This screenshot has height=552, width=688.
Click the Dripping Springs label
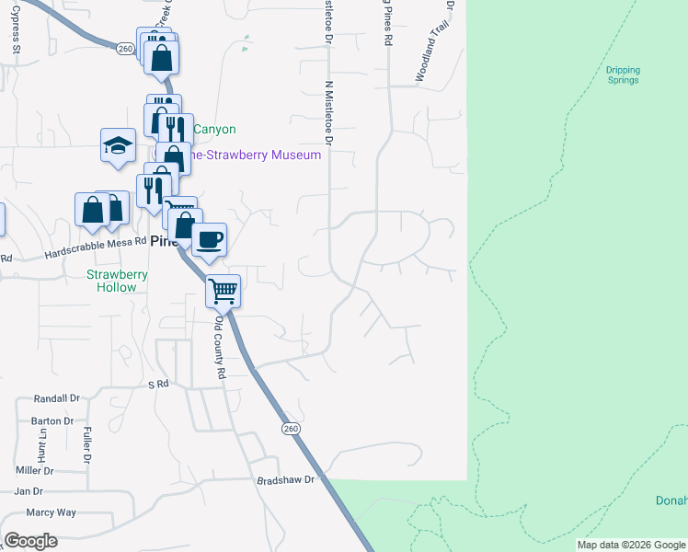(x=623, y=75)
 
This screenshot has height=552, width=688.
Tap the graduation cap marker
(x=118, y=145)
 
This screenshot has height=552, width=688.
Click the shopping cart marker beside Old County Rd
(x=224, y=292)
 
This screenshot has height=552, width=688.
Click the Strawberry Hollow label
(x=111, y=281)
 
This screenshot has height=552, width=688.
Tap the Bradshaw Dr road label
(x=285, y=480)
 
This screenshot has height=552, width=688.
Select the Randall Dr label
(x=57, y=398)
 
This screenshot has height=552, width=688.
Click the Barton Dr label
(x=52, y=420)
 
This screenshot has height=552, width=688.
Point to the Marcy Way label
(x=52, y=512)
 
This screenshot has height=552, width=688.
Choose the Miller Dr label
(x=35, y=470)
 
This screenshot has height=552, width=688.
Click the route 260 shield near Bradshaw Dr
(x=291, y=430)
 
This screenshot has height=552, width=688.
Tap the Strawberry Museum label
(x=254, y=155)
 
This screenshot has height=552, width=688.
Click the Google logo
(x=30, y=541)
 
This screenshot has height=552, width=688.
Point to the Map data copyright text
(x=631, y=545)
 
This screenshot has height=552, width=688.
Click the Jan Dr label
(x=29, y=491)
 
